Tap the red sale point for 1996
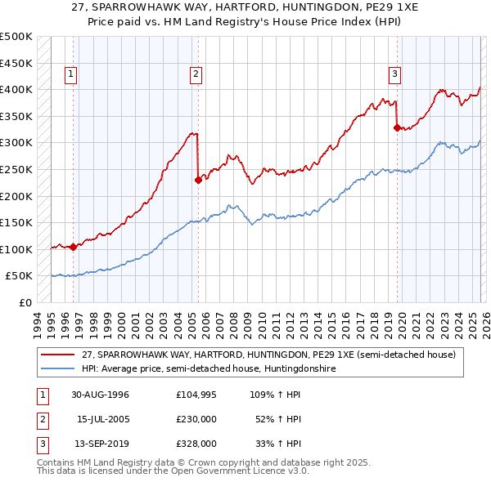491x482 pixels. [x=74, y=247]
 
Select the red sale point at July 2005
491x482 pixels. [x=198, y=180]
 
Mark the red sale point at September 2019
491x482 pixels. [x=397, y=127]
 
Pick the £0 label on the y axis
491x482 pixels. [x=24, y=302]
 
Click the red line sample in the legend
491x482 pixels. [x=59, y=355]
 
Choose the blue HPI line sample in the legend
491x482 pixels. [x=59, y=368]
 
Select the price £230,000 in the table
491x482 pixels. [x=196, y=419]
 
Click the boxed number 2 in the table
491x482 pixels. [x=41, y=419]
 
